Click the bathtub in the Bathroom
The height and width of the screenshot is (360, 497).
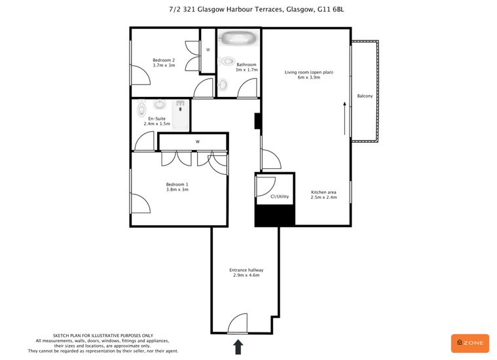pos(238,39)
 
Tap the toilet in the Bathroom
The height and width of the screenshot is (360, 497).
pos(227,60)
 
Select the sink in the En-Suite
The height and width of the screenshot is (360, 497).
pos(160,104)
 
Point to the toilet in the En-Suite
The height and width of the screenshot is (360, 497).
pos(141,109)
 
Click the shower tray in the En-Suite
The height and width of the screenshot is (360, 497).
pos(181,115)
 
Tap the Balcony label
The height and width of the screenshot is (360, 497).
pos(365,96)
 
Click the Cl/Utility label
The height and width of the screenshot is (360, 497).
pos(280,196)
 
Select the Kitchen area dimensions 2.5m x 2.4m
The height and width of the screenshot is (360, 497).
pos(323,197)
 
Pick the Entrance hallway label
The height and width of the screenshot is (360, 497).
pos(246,270)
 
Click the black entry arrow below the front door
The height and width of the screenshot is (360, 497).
pos(238,347)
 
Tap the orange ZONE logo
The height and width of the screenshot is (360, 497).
pos(470,343)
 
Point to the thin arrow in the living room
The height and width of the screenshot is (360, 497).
pos(345,118)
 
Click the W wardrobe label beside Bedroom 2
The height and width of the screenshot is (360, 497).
pos(208,50)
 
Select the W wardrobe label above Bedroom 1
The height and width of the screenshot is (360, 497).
pos(198,141)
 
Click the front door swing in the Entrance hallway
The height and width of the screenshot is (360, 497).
pos(238,323)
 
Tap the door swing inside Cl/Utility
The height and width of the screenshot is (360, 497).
pos(266,187)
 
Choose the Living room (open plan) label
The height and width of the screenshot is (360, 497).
pos(308,72)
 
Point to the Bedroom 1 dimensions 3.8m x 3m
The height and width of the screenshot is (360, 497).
pos(177,190)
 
